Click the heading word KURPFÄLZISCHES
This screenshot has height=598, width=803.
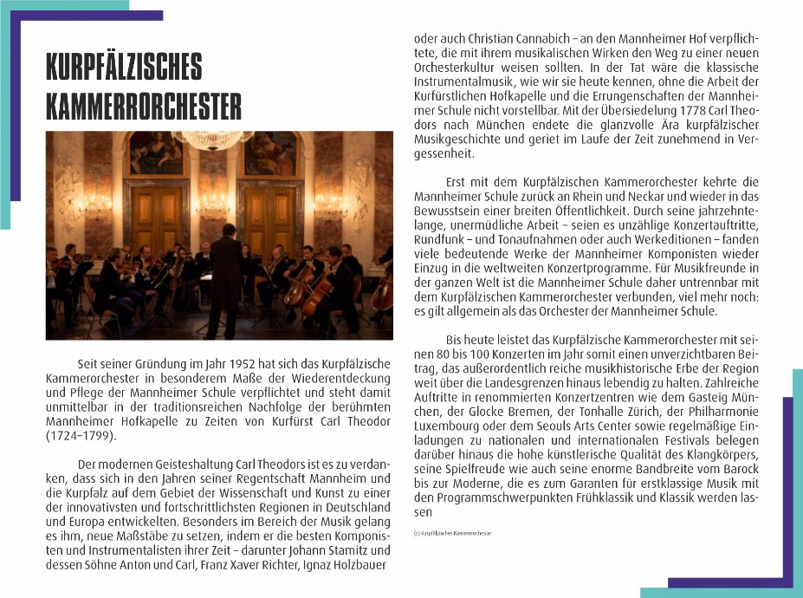pos(124,68)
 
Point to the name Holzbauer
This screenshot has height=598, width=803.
pos(363,565)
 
